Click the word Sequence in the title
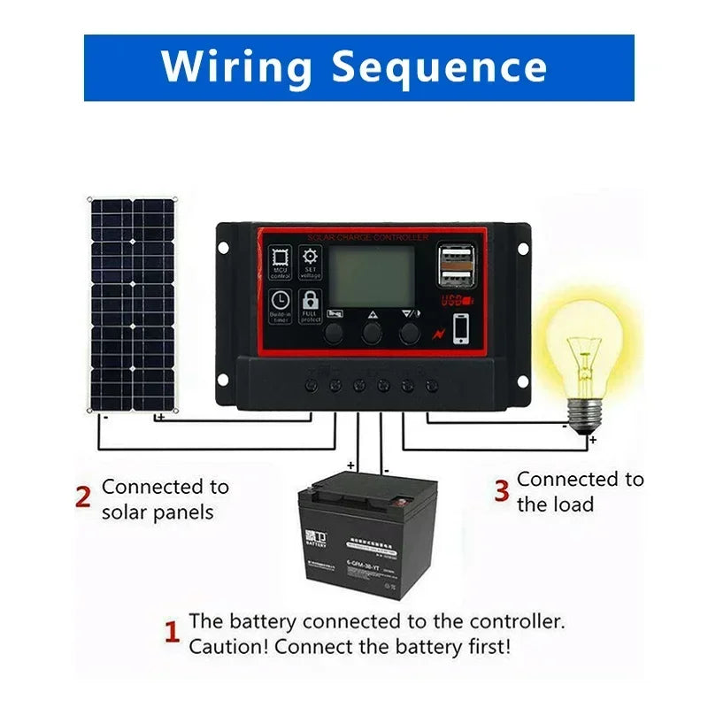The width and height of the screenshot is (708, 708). click(x=439, y=67)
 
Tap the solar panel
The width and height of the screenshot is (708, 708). click(x=132, y=304)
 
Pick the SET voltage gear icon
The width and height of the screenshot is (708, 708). click(x=310, y=263)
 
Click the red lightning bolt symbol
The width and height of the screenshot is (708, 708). click(x=436, y=335)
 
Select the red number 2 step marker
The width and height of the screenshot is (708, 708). click(x=83, y=497)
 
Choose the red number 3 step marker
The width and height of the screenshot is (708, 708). click(x=501, y=490)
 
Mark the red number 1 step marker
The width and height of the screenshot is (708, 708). click(x=173, y=633)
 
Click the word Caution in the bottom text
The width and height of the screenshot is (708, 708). click(x=224, y=646)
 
